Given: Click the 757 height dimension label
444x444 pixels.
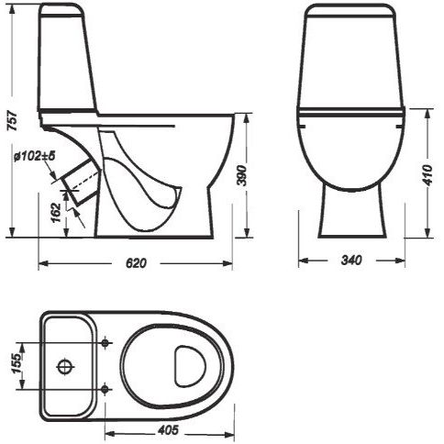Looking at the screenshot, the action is click(13, 120).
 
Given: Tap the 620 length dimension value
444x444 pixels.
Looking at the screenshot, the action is click(137, 262).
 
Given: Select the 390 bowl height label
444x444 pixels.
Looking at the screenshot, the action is click(241, 175).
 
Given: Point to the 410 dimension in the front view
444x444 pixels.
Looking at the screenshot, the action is click(428, 175).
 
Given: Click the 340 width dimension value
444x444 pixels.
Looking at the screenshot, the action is click(351, 260).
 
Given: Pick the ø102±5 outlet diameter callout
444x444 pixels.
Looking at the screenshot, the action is click(34, 156).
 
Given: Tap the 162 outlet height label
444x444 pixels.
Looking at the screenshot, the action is click(56, 213).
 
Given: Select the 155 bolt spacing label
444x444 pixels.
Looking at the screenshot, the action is click(17, 362).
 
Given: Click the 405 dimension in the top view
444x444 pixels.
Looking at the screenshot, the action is click(168, 430).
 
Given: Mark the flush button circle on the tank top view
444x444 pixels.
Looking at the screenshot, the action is click(65, 366).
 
